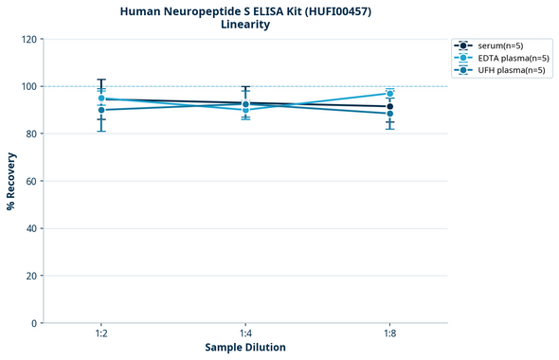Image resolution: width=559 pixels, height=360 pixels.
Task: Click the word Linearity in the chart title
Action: (x=244, y=25)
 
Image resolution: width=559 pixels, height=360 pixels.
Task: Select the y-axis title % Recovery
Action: (x=11, y=181)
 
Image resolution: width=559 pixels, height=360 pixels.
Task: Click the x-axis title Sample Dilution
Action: (x=245, y=348)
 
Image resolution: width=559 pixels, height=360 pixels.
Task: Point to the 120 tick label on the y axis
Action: (x=29, y=39)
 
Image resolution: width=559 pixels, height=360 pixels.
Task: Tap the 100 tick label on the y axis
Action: (x=29, y=86)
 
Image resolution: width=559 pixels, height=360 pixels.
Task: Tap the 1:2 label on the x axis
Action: (x=101, y=333)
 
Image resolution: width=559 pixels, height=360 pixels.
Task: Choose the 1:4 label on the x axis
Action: (x=245, y=333)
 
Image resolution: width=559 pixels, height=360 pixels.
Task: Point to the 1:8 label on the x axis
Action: (x=389, y=333)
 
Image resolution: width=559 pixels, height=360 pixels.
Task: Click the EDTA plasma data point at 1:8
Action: (x=389, y=94)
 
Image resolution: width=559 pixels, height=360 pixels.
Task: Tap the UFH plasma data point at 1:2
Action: (x=101, y=110)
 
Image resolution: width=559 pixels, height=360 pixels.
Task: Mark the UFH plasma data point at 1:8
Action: (x=389, y=114)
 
